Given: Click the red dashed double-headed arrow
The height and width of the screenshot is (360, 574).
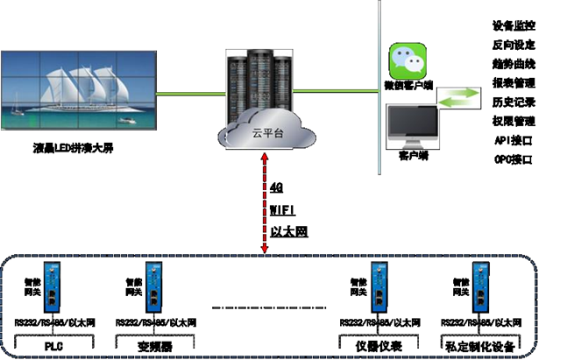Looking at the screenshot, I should coord(264,206).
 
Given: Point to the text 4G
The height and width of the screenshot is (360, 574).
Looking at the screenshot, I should coord(277,187).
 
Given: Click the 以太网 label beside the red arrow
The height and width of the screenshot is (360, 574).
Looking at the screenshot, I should coord(287,232).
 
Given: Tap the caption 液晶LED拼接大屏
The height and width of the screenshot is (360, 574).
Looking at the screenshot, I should coord(70,148).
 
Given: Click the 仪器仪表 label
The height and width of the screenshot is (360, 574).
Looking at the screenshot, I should coord(379,347).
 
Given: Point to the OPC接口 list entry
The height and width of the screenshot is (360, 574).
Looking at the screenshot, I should coord(514,159).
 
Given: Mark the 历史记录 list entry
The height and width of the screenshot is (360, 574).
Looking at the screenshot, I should coord(514,102).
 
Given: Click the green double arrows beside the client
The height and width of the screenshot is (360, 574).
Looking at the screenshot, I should coord(460,96).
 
